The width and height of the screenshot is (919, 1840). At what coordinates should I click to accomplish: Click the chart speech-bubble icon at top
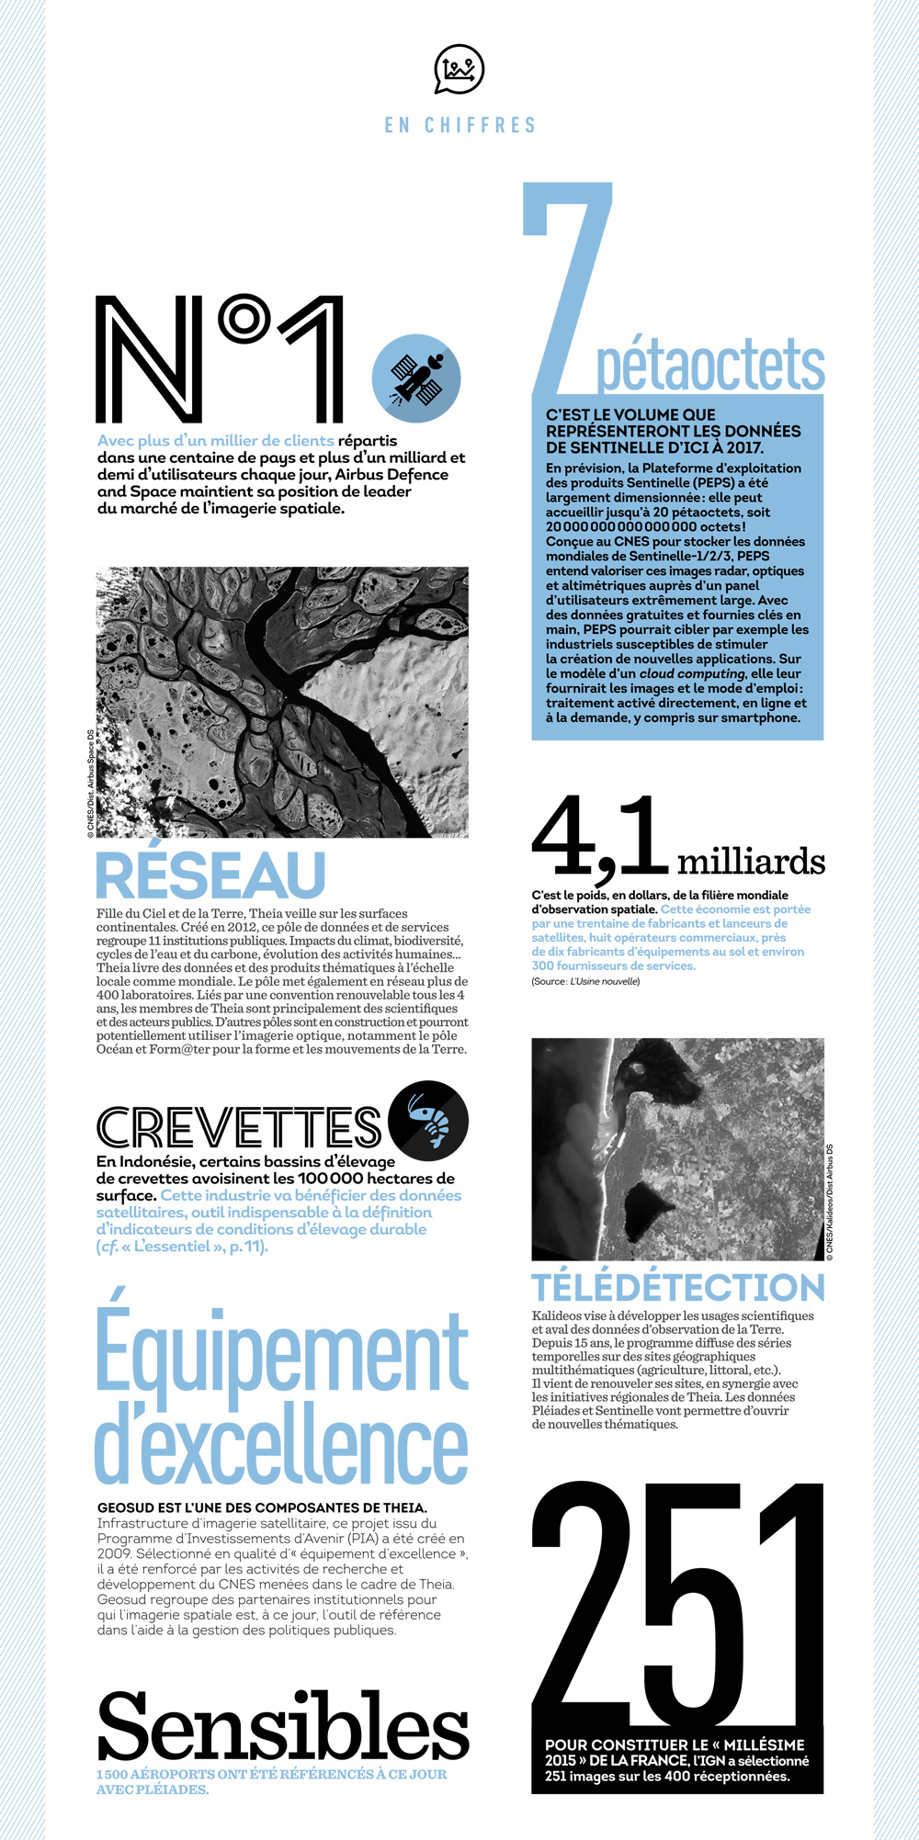(459, 69)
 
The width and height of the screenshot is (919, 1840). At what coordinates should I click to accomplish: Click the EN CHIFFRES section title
(459, 125)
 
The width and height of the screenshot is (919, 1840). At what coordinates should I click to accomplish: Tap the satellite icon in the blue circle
(416, 378)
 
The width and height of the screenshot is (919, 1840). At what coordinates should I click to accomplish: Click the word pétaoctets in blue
(710, 365)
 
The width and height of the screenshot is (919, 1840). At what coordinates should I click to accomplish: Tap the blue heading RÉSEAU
(211, 875)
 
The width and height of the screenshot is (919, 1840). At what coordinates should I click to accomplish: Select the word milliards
(751, 862)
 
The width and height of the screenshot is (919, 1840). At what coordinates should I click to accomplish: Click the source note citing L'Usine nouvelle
(585, 982)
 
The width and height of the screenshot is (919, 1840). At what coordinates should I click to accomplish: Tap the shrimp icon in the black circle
(428, 1121)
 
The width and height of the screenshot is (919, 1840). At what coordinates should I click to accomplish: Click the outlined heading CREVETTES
(239, 1127)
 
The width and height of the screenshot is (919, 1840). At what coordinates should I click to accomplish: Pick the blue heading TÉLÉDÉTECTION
(678, 1287)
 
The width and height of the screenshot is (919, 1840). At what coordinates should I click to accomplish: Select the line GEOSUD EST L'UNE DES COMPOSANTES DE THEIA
(262, 1507)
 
